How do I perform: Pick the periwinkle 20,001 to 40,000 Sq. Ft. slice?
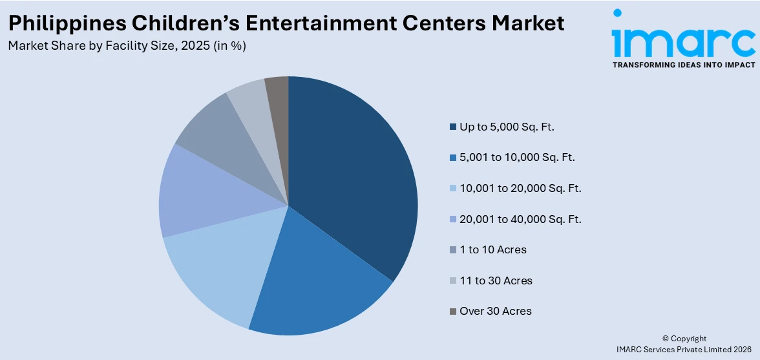tap(191, 194)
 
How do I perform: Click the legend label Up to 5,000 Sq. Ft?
tap(507, 127)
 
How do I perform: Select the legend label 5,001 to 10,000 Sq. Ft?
tap(517, 157)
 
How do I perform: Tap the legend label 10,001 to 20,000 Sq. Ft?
tap(520, 188)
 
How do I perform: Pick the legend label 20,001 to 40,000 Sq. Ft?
tap(520, 219)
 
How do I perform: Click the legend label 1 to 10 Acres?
tap(493, 249)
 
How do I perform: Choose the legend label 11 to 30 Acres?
tap(496, 281)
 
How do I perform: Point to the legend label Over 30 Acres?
tap(496, 311)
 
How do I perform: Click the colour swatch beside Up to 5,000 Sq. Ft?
tap(453, 127)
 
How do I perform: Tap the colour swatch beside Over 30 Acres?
tap(453, 312)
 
